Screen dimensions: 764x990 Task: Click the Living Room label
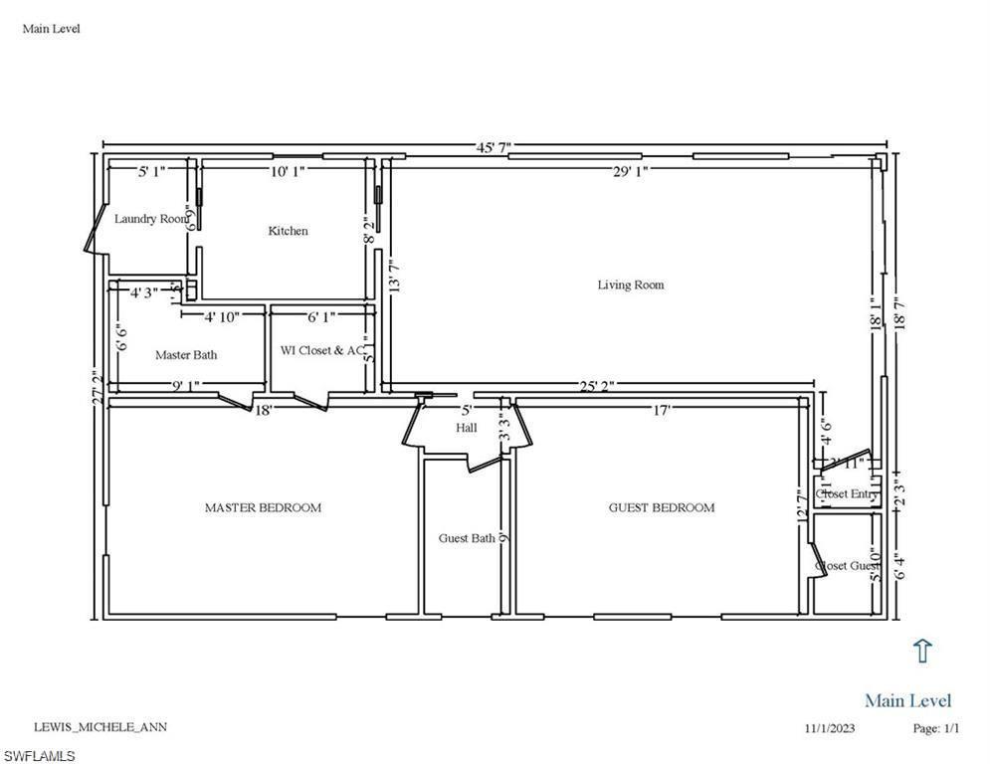[x=630, y=286]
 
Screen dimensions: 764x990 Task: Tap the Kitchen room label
[x=288, y=231]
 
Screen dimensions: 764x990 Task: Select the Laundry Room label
[x=150, y=219]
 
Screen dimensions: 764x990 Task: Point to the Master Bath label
[x=186, y=355]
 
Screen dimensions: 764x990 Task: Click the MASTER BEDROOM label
[x=263, y=508]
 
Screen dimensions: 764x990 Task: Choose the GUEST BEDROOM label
[x=662, y=508]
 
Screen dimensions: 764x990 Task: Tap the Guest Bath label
[x=467, y=539]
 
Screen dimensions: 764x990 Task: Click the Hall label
[x=467, y=429]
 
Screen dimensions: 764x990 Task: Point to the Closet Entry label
[x=847, y=494]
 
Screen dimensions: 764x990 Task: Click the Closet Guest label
[x=848, y=566]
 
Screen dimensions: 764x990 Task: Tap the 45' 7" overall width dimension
[x=493, y=148]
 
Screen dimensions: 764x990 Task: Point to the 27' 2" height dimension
[x=97, y=386]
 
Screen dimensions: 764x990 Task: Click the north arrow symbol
[x=922, y=651]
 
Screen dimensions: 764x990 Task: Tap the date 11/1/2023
[x=830, y=728]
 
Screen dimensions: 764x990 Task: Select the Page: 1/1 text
[x=936, y=728]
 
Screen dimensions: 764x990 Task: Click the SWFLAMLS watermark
[x=39, y=756]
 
